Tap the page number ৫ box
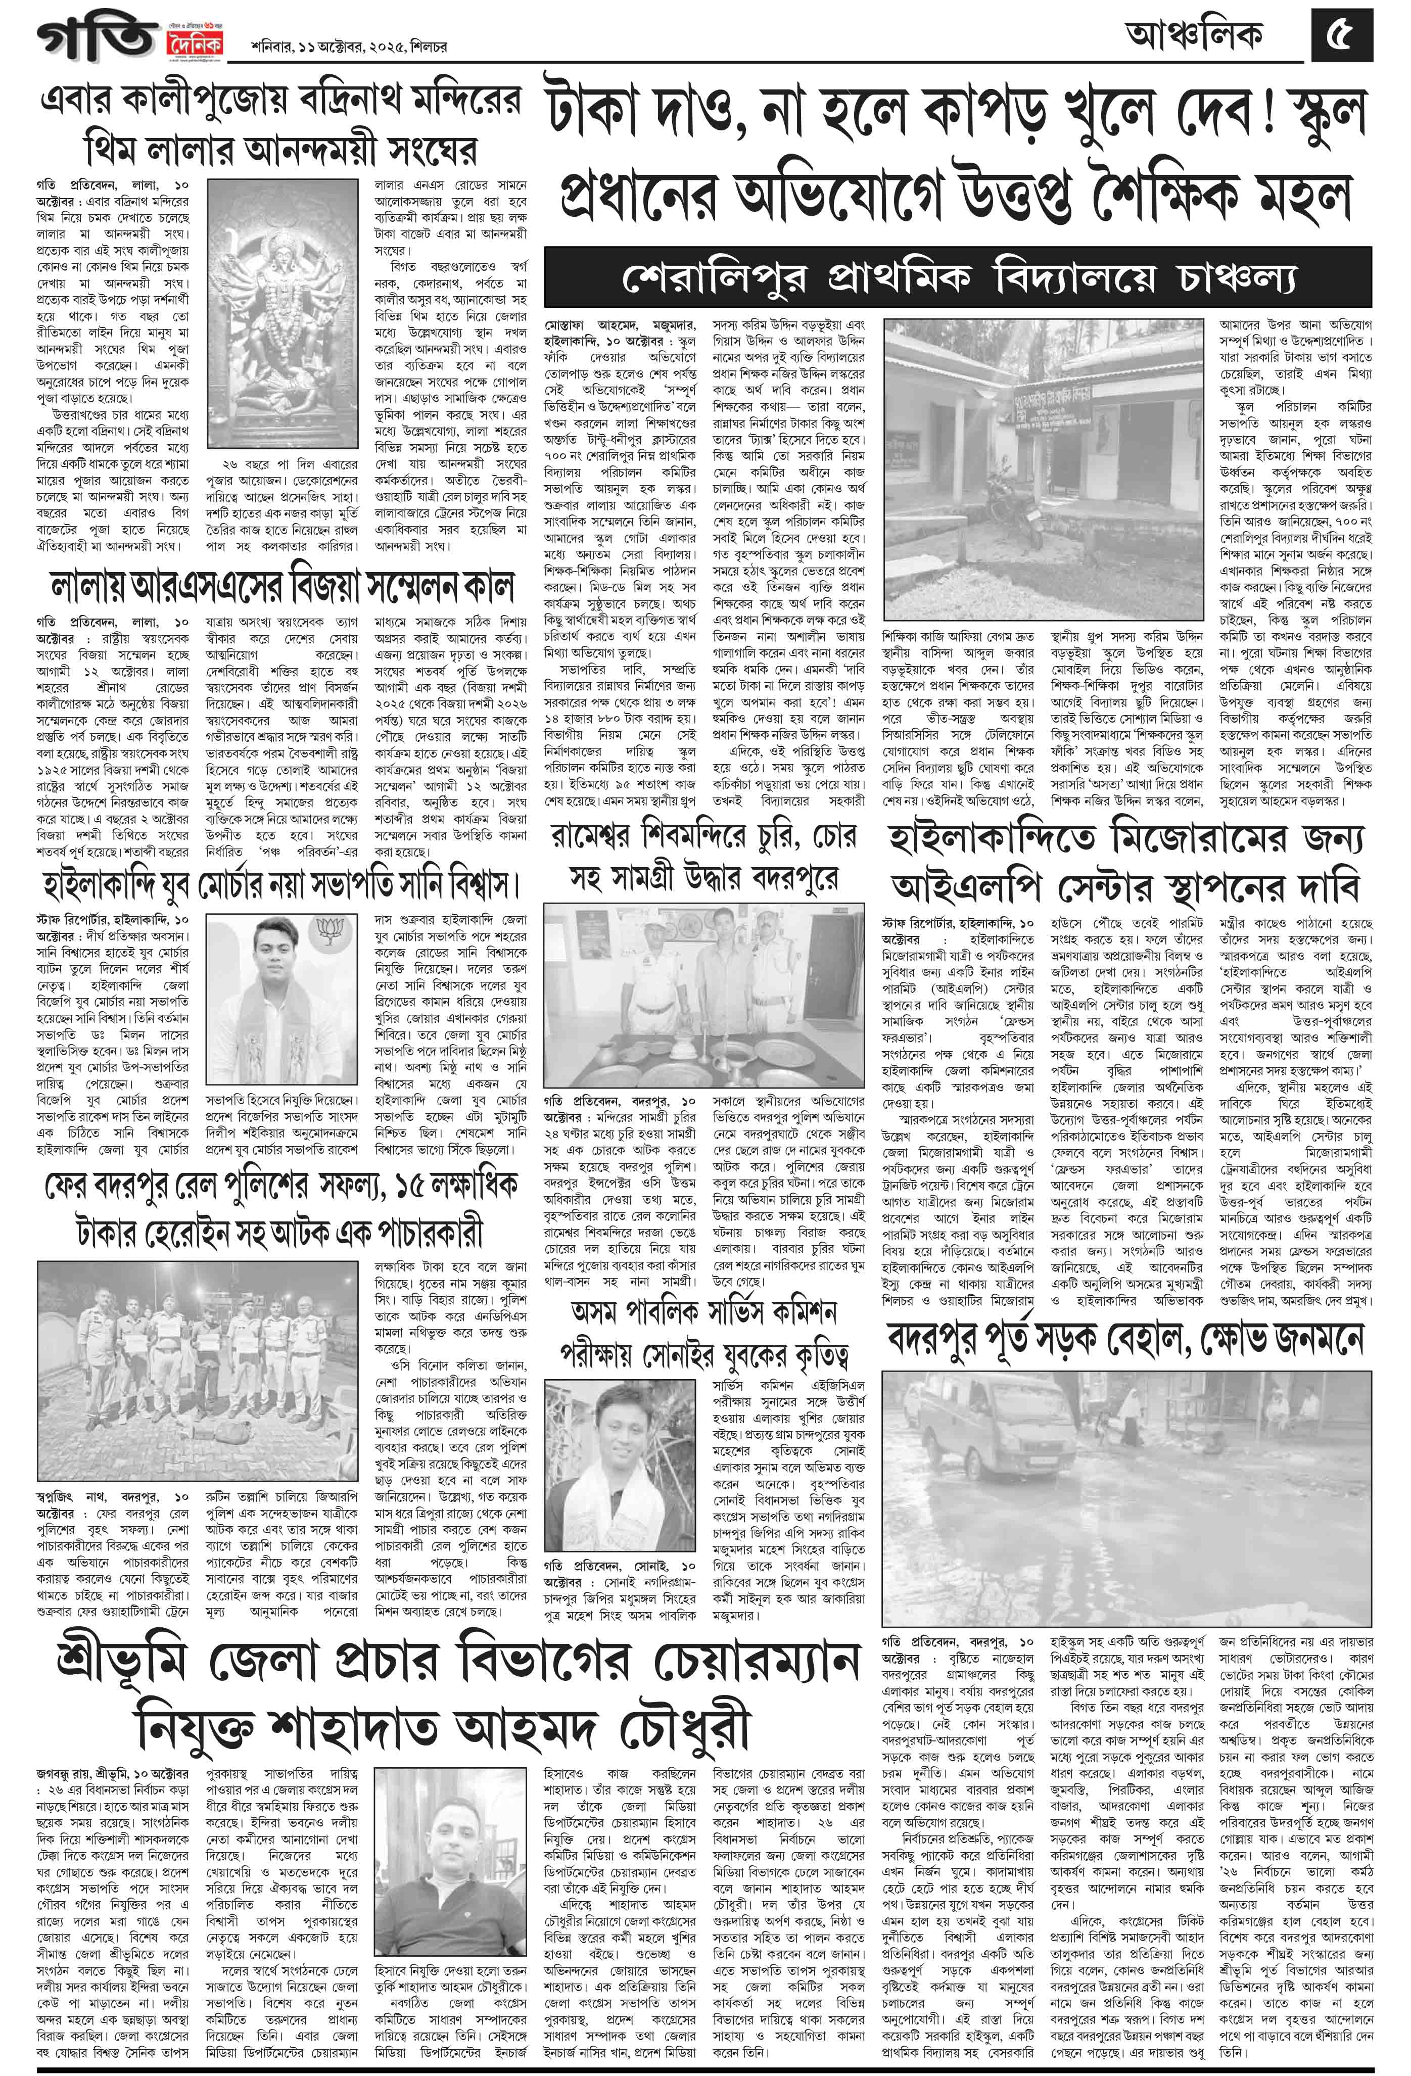[1341, 36]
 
